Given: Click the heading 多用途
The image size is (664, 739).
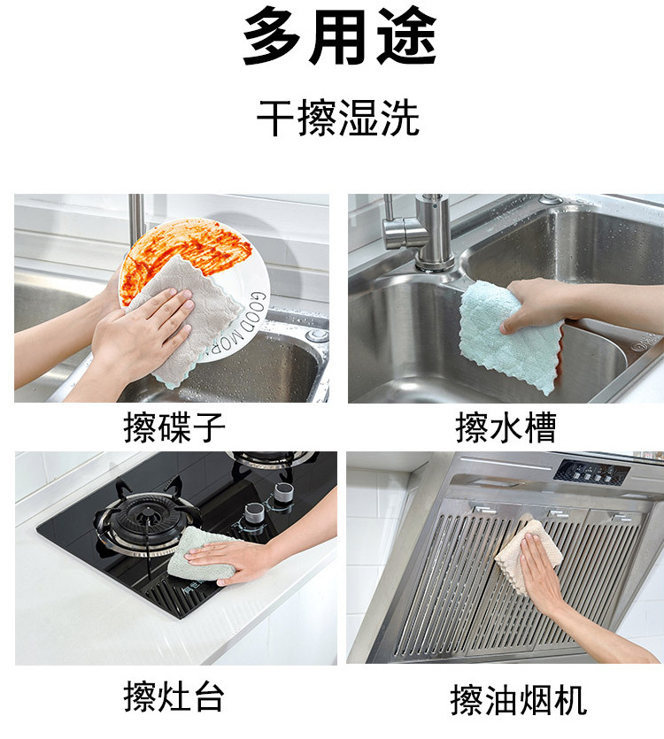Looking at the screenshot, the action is [x=339, y=36].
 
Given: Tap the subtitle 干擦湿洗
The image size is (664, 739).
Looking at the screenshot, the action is [x=337, y=118].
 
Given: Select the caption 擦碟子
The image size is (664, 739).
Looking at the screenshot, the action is [x=174, y=427].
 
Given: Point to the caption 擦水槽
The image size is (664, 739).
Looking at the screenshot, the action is [x=506, y=427].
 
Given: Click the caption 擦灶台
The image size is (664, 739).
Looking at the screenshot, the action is [x=174, y=697].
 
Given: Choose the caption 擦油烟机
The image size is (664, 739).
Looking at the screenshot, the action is [x=518, y=700].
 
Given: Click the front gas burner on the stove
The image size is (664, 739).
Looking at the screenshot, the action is [x=147, y=519].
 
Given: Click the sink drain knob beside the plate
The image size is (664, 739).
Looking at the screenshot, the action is [x=317, y=335].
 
